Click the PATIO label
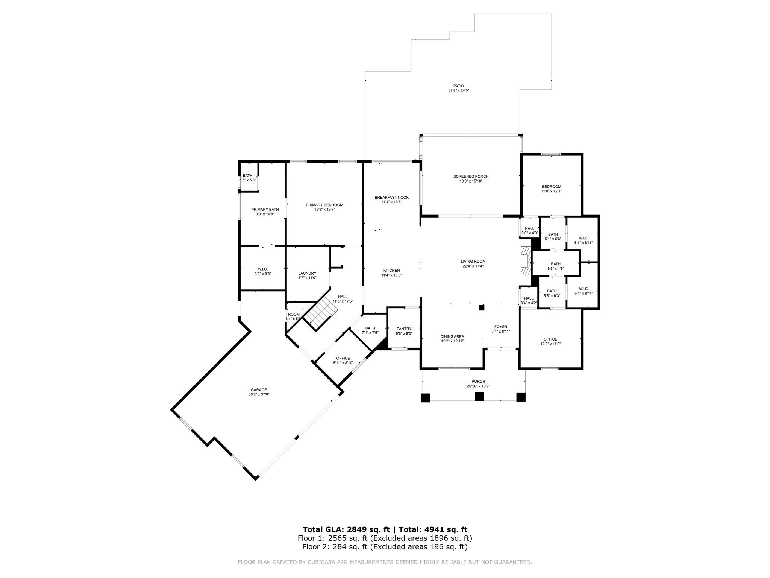tap(458, 86)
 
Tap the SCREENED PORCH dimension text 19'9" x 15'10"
tap(471, 181)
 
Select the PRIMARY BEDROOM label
tap(324, 205)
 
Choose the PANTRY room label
tap(404, 329)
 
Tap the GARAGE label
tap(259, 390)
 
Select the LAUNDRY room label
tap(307, 273)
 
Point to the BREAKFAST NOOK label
tap(391, 198)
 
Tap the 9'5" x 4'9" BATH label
tap(555, 264)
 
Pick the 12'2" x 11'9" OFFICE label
tap(550, 339)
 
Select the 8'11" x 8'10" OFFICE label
tap(343, 358)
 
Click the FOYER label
tap(500, 327)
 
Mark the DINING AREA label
tap(452, 336)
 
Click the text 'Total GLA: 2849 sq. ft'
tap(346, 529)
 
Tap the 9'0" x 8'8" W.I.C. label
tap(262, 269)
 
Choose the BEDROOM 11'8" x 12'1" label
tap(551, 187)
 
